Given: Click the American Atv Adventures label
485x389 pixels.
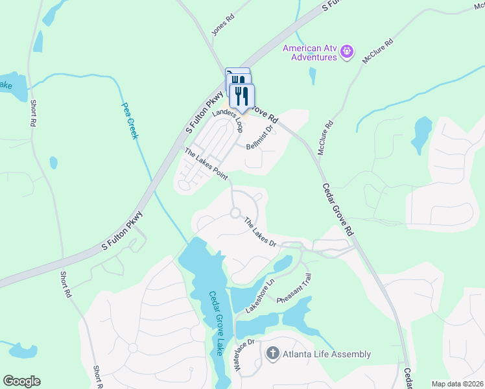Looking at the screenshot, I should pos(310,52).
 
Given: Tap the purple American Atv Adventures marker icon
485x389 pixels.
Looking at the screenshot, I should pos(347,50).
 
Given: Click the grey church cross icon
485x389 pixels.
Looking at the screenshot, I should pos(273,353).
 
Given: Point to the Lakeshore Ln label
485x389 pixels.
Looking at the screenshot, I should pos(261,296).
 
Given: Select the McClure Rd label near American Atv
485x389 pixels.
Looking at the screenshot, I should pos(378,51).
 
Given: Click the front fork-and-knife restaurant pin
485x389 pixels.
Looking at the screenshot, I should pos(242,96).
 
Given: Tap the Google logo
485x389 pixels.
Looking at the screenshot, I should pos(21,381).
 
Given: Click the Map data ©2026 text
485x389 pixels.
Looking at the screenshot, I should pos(456,384).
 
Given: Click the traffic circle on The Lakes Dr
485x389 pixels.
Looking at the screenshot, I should pos(235,213).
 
